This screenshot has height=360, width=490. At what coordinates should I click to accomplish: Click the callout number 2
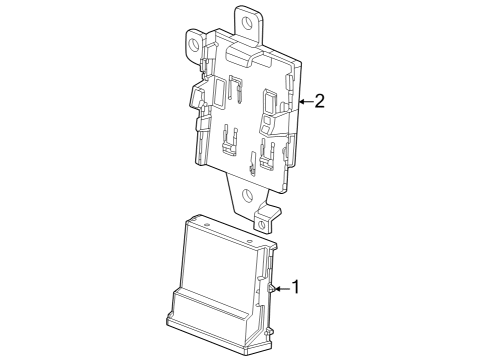pos(319,101)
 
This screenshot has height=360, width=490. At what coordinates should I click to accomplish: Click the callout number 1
pos(296,287)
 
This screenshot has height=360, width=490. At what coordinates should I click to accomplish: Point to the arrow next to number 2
pos(306,101)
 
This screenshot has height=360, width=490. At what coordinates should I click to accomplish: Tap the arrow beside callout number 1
pos(282,289)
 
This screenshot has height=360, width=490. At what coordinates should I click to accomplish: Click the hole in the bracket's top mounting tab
pos(248,22)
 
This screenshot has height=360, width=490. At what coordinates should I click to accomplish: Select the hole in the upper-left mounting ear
pos(193,44)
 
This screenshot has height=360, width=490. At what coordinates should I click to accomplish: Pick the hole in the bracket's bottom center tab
pos(247,194)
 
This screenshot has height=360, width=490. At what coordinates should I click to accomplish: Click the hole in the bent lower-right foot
pos(262,225)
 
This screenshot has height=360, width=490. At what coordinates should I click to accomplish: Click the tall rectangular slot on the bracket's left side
pos(219,93)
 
